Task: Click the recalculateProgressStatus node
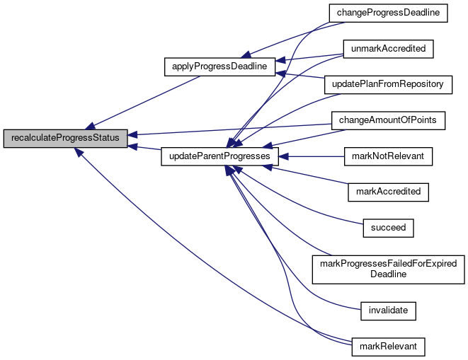[66, 138]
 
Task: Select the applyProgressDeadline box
[219, 67]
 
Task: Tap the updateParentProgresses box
[219, 156]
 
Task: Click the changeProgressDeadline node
[388, 13]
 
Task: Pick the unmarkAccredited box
[388, 49]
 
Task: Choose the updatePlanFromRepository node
[388, 84]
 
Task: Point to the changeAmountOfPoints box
[388, 121]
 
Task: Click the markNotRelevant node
[388, 156]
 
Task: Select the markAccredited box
[388, 192]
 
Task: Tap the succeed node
[388, 228]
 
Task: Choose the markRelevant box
[388, 346]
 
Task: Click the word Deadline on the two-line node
[388, 274]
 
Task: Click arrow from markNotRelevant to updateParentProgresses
[312, 156]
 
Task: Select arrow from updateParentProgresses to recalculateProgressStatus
[145, 147]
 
